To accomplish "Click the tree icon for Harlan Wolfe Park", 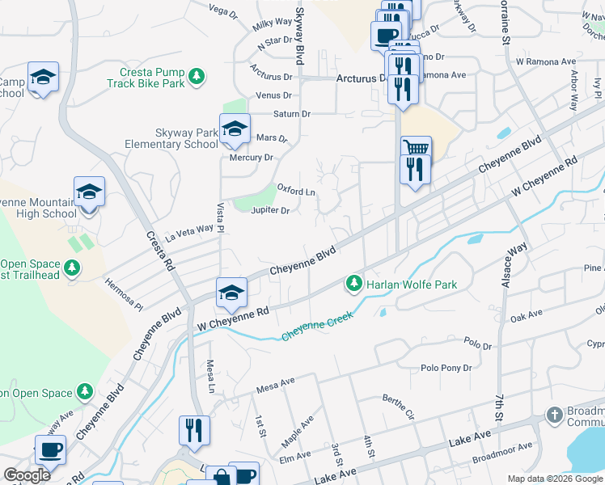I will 353,284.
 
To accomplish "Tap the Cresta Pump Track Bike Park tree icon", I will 196,77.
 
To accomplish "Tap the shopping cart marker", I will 416,149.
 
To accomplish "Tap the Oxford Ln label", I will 296,192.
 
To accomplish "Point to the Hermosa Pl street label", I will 124,295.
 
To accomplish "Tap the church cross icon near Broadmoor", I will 554,415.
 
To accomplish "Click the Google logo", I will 27,475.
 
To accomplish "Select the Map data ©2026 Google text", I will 554,479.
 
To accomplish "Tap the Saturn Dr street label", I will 291,114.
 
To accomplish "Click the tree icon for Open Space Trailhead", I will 73,268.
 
